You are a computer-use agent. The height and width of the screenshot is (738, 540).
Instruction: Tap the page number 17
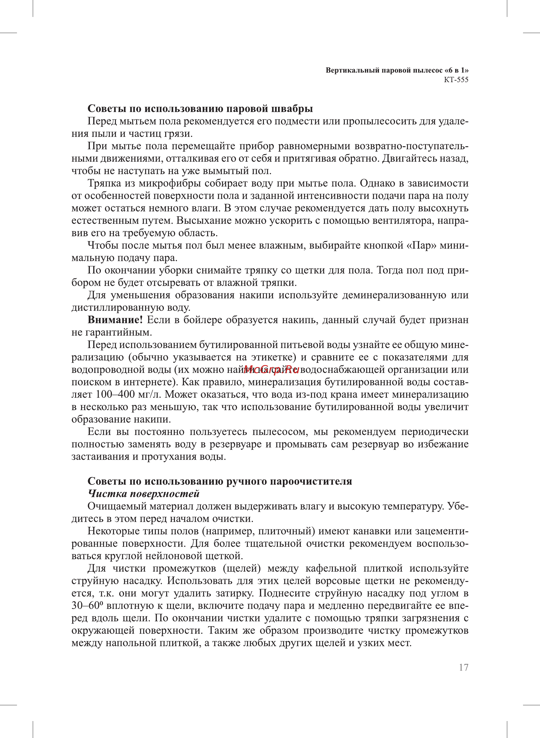(463, 667)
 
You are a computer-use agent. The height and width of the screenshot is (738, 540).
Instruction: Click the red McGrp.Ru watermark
(271, 370)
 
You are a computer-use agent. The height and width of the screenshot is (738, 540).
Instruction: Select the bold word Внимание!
(115, 320)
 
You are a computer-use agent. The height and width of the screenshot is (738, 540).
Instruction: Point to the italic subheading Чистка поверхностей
(144, 494)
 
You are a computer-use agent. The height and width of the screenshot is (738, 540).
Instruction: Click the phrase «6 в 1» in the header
(456, 70)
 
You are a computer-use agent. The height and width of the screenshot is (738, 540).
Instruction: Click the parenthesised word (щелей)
(242, 568)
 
